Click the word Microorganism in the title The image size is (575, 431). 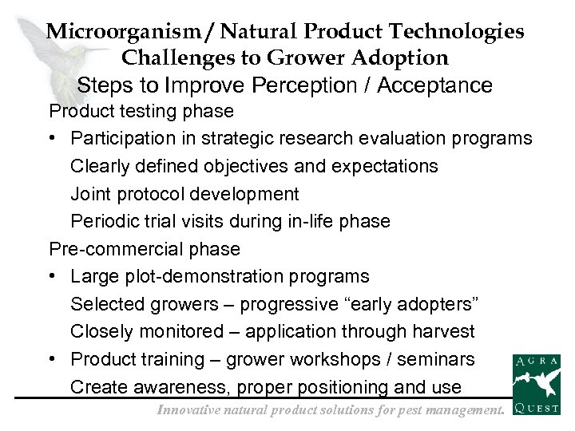coord(114,32)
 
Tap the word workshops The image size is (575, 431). coord(342,359)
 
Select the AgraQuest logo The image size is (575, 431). coord(536,386)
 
